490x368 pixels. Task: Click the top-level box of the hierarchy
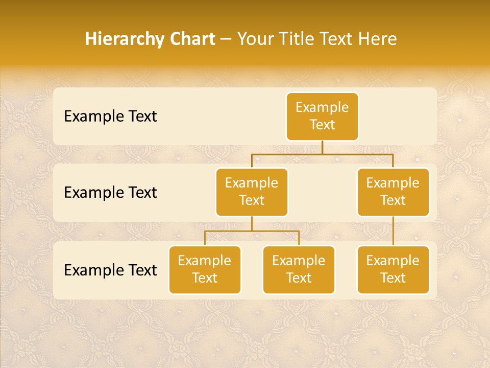pyautogui.click(x=322, y=116)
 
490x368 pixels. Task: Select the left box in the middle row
pyautogui.click(x=252, y=192)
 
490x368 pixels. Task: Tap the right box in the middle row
pyautogui.click(x=393, y=192)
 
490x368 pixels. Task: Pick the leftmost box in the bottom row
pyautogui.click(x=205, y=269)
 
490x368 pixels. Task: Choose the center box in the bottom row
pyautogui.click(x=299, y=269)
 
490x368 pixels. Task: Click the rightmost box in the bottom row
pyautogui.click(x=393, y=269)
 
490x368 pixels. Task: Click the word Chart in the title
pyautogui.click(x=191, y=39)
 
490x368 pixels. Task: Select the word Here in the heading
pyautogui.click(x=378, y=39)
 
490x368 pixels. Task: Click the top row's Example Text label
pyautogui.click(x=110, y=117)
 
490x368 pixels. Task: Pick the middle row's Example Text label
pyautogui.click(x=110, y=193)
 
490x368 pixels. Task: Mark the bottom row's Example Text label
pyautogui.click(x=110, y=270)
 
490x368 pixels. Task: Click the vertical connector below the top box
pyautogui.click(x=322, y=147)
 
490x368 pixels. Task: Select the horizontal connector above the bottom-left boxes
pyautogui.click(x=252, y=231)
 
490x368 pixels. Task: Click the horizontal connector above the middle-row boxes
pyautogui.click(x=322, y=153)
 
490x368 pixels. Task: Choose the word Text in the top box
pyautogui.click(x=322, y=125)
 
